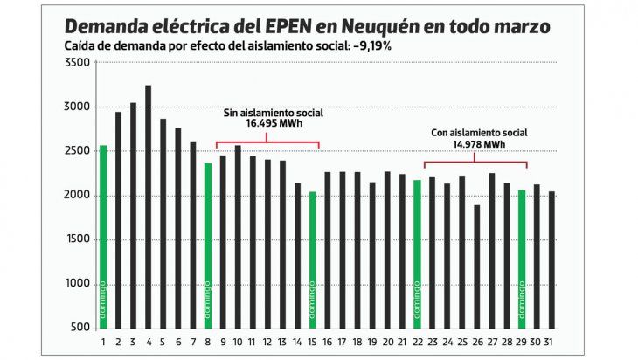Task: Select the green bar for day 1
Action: tap(103, 236)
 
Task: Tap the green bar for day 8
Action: tap(208, 246)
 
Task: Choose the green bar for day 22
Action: tap(417, 253)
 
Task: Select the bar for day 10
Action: tap(238, 237)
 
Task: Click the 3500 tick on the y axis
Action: tap(78, 63)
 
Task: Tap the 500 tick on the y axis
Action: tap(81, 328)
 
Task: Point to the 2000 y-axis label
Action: tap(78, 196)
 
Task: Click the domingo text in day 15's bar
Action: tap(313, 300)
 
